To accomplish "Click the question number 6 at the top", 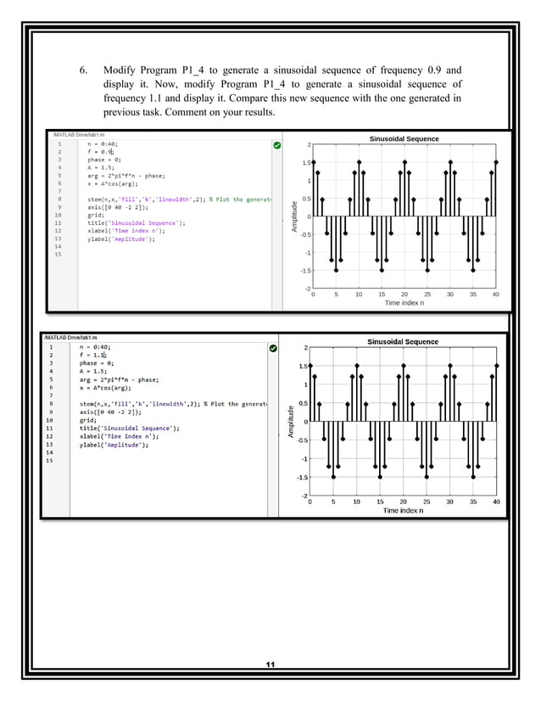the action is click(83, 69).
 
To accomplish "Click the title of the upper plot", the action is click(404, 138).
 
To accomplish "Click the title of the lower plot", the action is click(403, 341).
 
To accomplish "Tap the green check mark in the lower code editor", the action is click(273, 348).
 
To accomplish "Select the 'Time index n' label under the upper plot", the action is click(404, 303).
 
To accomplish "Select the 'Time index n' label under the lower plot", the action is click(402, 510).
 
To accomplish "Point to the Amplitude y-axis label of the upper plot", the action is click(293, 216).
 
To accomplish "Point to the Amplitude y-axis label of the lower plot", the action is click(291, 422).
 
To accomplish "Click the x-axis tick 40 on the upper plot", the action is click(495, 294).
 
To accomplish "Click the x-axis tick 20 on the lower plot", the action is click(403, 502).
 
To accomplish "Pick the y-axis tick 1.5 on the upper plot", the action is click(306, 162).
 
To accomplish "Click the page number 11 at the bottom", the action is click(270, 665).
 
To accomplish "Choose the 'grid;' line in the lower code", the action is click(87, 419).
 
